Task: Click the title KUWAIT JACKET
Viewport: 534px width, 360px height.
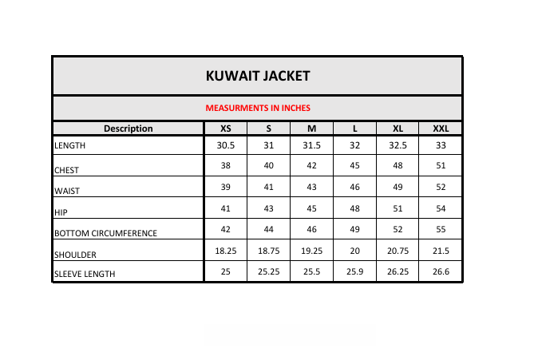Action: click(x=257, y=77)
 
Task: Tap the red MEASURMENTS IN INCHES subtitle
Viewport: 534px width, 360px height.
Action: click(x=257, y=108)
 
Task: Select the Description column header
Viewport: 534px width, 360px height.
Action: click(x=128, y=129)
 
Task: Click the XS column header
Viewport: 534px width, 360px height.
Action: click(x=226, y=129)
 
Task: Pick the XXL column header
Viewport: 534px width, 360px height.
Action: click(x=441, y=129)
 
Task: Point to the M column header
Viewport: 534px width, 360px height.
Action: click(x=312, y=129)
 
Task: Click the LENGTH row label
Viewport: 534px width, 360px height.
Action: click(x=69, y=146)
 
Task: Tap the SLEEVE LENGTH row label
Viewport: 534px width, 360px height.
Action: click(x=85, y=274)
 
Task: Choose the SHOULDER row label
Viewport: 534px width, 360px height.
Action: click(x=76, y=255)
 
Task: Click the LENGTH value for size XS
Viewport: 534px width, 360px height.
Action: click(x=226, y=145)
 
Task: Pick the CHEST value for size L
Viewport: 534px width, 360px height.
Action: click(x=355, y=165)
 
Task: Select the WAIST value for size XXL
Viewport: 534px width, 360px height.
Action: click(x=441, y=187)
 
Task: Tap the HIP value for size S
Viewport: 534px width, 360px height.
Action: click(x=269, y=208)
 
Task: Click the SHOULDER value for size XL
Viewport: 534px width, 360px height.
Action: click(x=398, y=251)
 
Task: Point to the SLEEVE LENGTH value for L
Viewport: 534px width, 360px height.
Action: click(x=355, y=271)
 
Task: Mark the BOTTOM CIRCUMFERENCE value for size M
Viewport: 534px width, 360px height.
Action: click(x=312, y=230)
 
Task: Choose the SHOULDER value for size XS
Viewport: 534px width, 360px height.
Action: click(x=226, y=251)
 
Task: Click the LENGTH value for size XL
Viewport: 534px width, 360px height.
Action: click(x=398, y=145)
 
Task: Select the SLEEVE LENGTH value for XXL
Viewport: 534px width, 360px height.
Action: click(x=441, y=271)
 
